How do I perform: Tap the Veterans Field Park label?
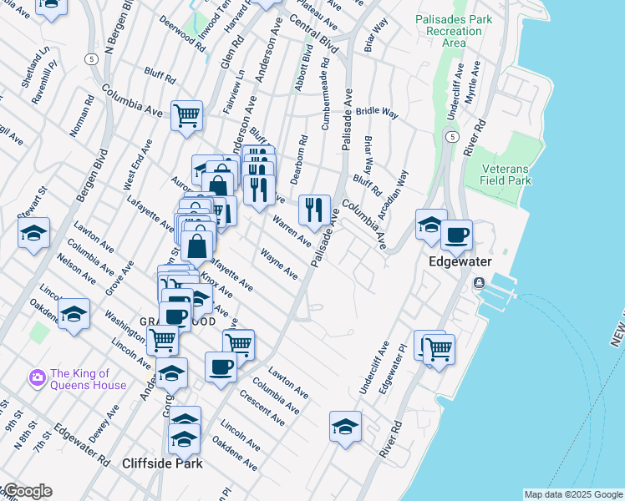(506, 174)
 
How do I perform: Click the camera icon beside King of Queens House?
(37, 378)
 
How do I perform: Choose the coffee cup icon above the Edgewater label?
(456, 235)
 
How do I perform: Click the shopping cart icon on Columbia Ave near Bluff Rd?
(186, 115)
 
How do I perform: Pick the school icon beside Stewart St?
(33, 233)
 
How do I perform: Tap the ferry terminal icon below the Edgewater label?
(479, 282)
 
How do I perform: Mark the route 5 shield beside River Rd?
(451, 136)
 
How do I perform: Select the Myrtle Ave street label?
(473, 83)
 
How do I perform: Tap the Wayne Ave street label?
(278, 263)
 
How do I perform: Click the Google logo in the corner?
(27, 491)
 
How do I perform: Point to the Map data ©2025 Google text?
(572, 494)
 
